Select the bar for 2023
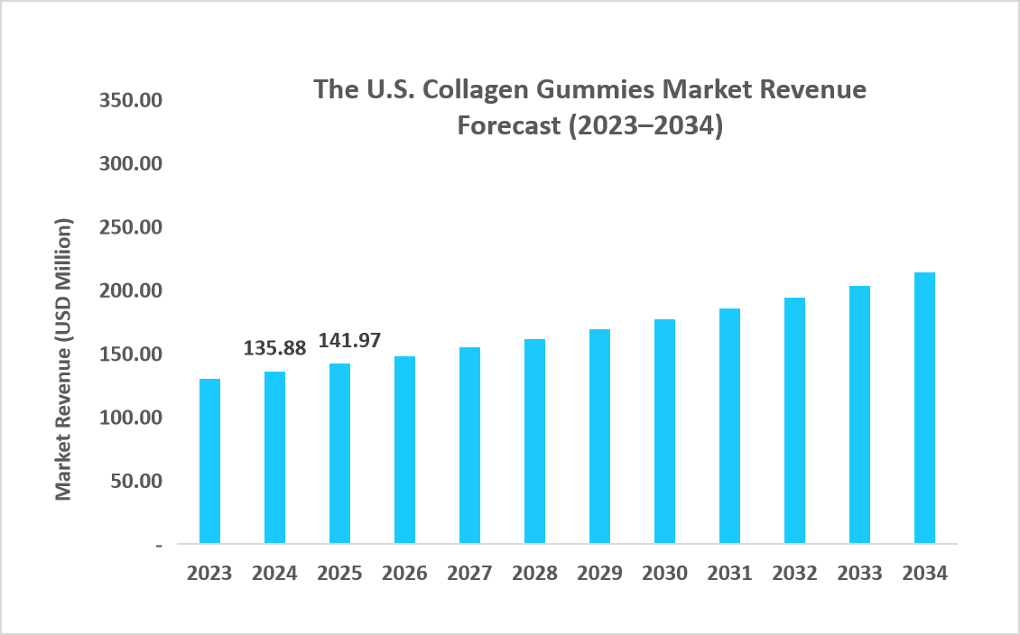[209, 461]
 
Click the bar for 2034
[924, 408]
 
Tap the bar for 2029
[599, 437]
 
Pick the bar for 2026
[404, 449]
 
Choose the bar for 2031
[729, 426]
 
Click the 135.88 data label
[275, 348]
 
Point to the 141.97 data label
[350, 341]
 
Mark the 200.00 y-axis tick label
[130, 290]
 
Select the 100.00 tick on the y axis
[130, 418]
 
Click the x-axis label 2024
[274, 574]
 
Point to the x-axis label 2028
[534, 574]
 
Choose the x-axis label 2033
[859, 574]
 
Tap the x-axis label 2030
[664, 574]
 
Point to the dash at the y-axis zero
[159, 545]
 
